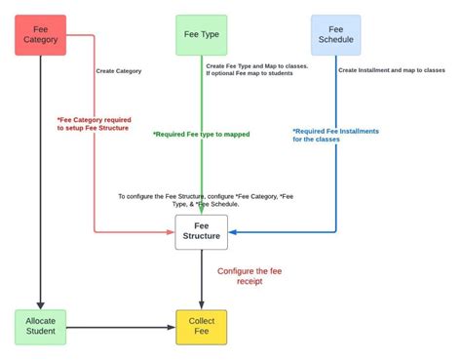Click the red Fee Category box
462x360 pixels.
click(41, 34)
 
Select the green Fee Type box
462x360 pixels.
click(202, 34)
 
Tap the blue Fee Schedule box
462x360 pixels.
click(336, 34)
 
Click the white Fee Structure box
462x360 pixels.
click(202, 232)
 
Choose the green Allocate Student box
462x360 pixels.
click(41, 326)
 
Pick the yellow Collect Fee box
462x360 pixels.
click(202, 326)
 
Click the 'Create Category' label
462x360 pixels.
click(119, 71)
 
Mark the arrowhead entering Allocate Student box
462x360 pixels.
click(41, 304)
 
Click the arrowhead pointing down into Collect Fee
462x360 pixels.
click(202, 304)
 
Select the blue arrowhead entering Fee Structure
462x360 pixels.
click(233, 232)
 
